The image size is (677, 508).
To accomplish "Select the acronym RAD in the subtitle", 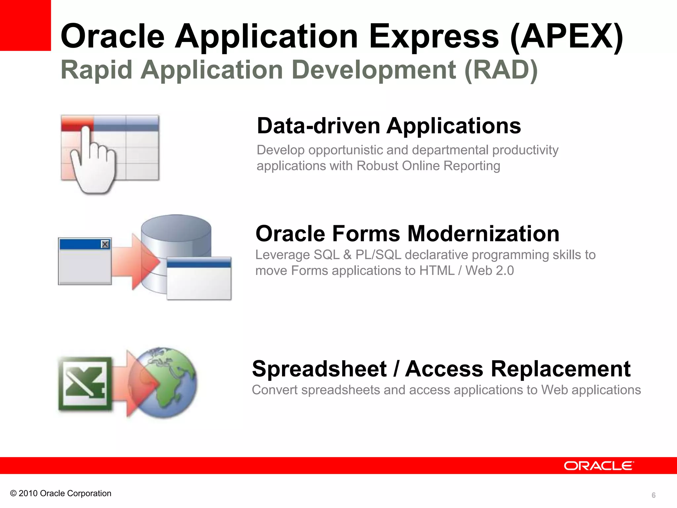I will (x=501, y=70).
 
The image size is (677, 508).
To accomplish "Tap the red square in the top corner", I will (x=25, y=25).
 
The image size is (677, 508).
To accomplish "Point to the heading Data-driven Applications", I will (x=389, y=126).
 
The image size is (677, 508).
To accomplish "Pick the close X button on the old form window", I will (x=105, y=244).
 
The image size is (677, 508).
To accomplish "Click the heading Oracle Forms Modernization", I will (x=407, y=234).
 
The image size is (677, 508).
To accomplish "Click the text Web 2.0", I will (x=490, y=271).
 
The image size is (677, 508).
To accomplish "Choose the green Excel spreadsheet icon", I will (x=85, y=384).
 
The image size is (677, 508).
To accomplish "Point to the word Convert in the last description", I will (x=274, y=390).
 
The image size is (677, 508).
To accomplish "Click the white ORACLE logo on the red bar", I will (x=599, y=466).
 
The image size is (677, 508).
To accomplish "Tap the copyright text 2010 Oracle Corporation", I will (x=65, y=493).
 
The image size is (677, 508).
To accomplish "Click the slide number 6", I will (x=653, y=495).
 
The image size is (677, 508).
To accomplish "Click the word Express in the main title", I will (x=433, y=36).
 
